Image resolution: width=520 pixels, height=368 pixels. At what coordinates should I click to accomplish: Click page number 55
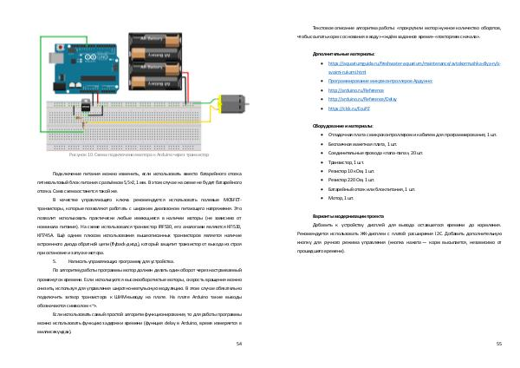pos(499,344)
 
